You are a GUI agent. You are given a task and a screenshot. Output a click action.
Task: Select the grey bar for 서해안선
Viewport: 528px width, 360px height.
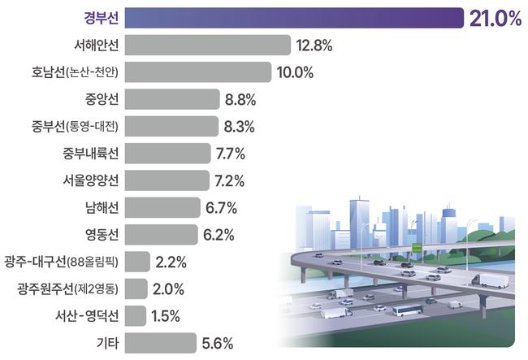point(208,46)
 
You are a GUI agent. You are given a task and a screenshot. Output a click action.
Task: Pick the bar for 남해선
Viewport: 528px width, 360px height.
point(162,207)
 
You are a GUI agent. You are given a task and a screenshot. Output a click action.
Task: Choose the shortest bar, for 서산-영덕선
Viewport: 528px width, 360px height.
point(136,315)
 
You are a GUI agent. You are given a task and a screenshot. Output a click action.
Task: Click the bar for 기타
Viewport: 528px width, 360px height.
point(161,343)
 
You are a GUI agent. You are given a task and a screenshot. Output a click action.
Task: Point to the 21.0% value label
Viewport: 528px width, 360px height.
point(495,18)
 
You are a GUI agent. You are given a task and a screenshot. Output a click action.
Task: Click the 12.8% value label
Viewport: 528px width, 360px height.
point(315,46)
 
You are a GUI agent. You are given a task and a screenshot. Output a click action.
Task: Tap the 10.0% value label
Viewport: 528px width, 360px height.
point(295,72)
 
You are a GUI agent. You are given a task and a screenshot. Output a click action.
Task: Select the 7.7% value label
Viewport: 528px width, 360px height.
point(231,154)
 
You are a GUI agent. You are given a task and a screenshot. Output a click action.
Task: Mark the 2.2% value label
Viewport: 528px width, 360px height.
point(171,262)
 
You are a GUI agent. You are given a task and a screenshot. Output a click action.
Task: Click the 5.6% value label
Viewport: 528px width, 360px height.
point(219,343)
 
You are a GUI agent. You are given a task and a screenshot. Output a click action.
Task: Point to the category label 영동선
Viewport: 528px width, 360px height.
point(101,235)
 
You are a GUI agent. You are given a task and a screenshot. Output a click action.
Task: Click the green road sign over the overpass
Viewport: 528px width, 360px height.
point(417,245)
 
